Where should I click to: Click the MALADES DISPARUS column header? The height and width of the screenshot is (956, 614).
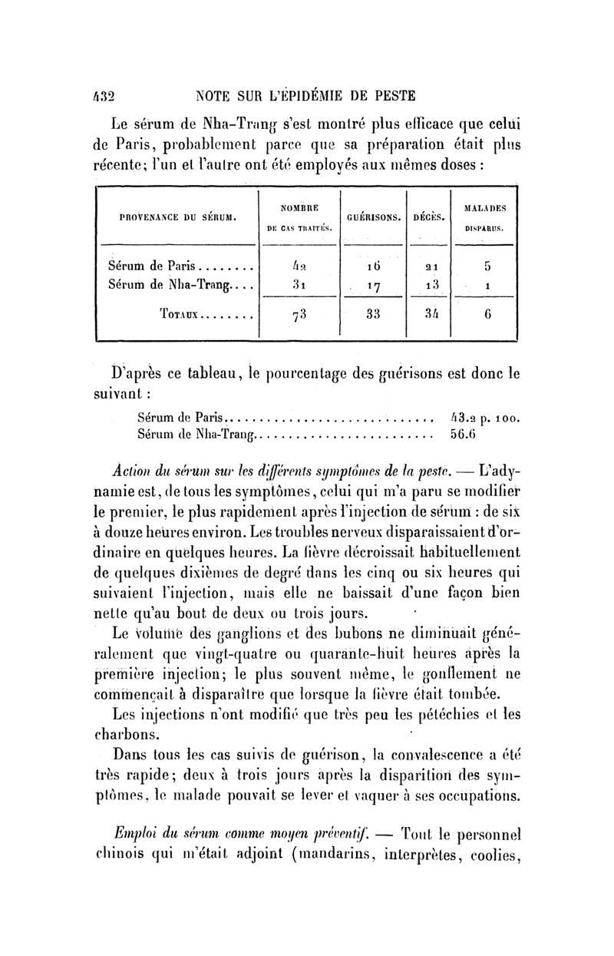(489, 217)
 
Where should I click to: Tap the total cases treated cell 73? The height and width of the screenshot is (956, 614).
(299, 316)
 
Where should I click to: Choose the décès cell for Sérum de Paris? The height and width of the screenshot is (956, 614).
(431, 269)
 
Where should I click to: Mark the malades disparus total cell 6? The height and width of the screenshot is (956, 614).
(488, 314)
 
